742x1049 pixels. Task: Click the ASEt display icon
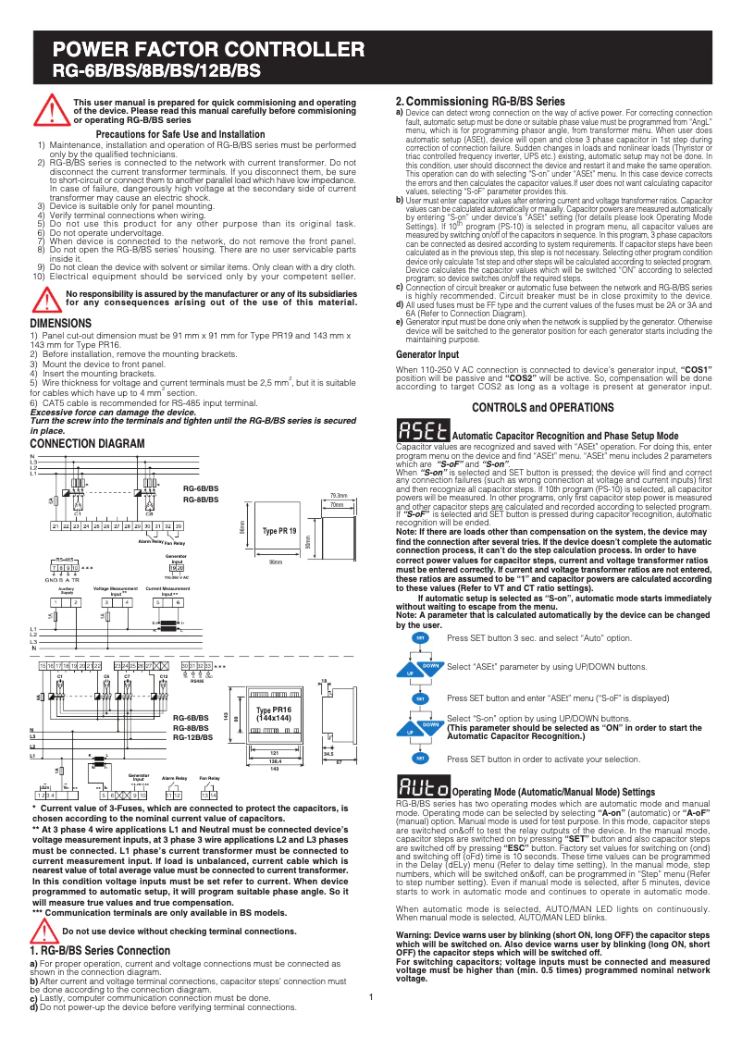coord(423,431)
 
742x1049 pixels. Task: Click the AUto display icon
coord(423,788)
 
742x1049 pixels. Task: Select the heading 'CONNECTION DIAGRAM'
coord(88,444)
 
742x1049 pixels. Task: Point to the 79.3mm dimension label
coord(338,496)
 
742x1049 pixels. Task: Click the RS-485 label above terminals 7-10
coord(65,560)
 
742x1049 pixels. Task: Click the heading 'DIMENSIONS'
coord(61,323)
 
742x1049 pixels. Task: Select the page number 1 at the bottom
coord(370,996)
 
